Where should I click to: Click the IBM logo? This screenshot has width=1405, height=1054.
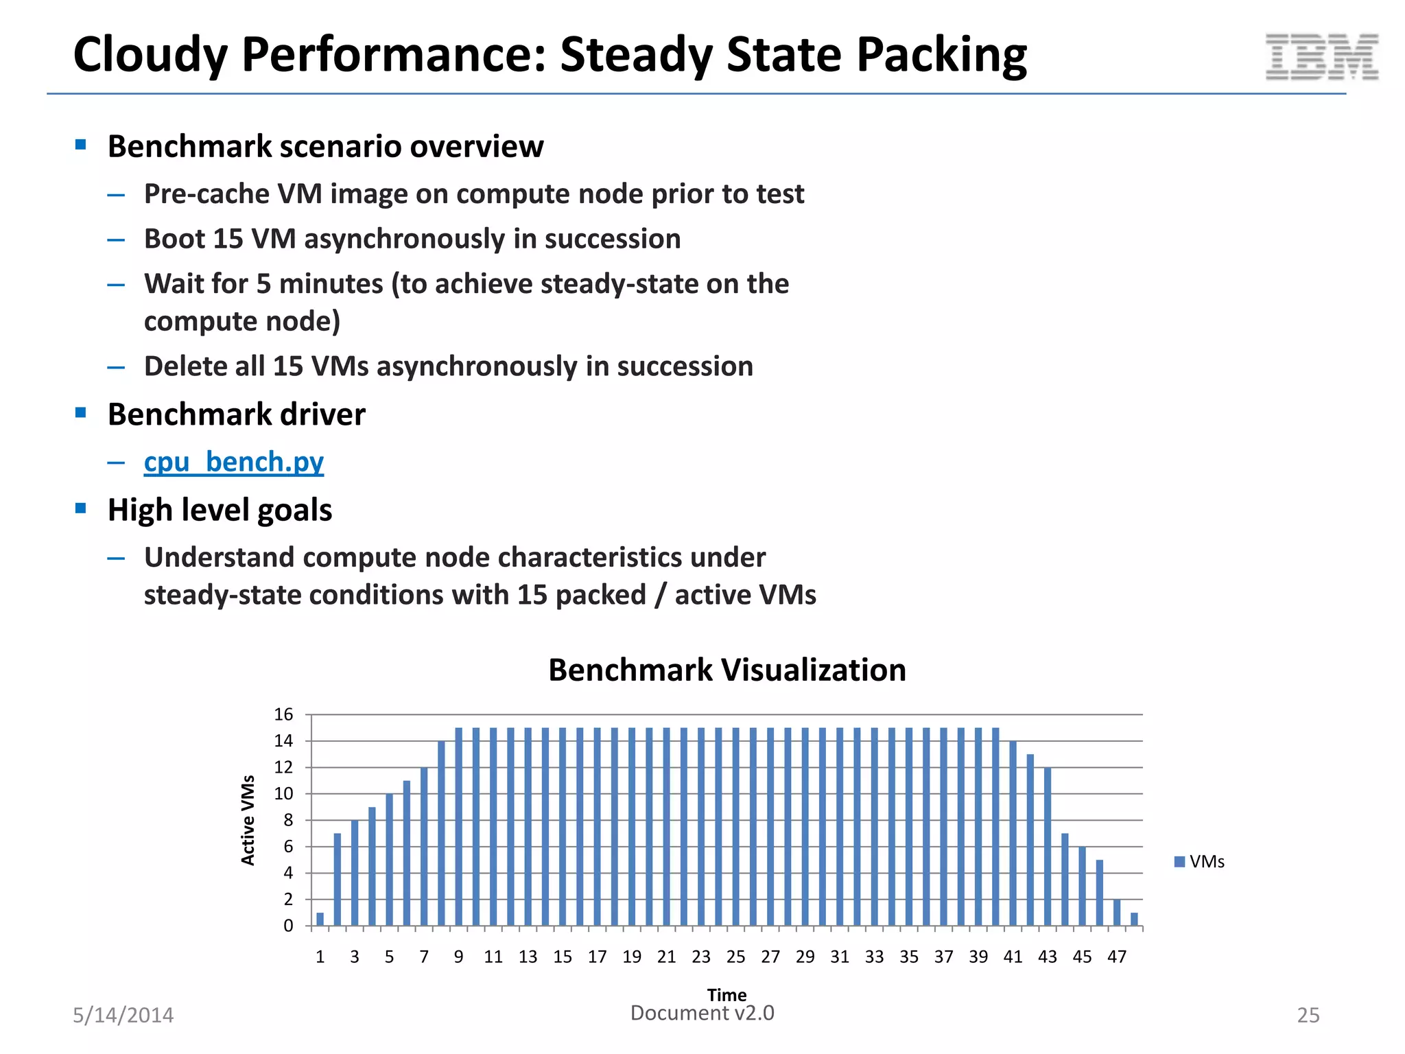pos(1321,57)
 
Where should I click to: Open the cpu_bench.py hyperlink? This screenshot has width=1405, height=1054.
pos(233,462)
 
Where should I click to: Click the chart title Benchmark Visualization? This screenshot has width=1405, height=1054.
pos(727,670)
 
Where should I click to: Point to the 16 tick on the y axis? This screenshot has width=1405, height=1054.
pos(283,715)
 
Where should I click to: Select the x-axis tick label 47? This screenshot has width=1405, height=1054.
pos(1116,957)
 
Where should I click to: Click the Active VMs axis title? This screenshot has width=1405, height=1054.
pos(248,820)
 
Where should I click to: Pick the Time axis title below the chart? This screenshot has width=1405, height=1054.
pos(727,994)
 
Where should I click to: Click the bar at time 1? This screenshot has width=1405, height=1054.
pos(320,919)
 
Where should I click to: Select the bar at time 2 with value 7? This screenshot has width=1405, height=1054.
pos(338,880)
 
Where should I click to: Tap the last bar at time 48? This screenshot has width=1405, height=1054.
pos(1134,919)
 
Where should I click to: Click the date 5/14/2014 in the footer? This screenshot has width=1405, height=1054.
pos(123,1016)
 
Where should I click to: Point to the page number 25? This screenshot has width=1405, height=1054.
pos(1308,1016)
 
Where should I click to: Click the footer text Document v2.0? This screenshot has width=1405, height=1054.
pos(702,1014)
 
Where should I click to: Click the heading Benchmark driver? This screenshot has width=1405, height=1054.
pos(236,414)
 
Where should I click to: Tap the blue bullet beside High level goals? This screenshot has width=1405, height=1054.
pos(81,508)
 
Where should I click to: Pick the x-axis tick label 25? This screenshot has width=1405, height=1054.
pos(735,957)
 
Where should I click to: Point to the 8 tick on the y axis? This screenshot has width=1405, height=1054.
pos(288,821)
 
